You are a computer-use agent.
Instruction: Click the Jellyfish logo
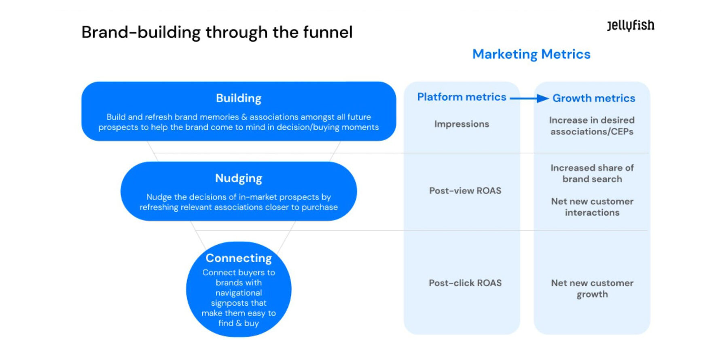point(630,25)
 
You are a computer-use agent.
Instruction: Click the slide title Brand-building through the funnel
point(217,32)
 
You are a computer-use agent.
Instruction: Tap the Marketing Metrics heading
point(531,54)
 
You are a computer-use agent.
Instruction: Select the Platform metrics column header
point(462,97)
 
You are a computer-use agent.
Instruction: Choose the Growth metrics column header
point(593,98)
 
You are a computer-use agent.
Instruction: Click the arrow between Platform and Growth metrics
point(529,98)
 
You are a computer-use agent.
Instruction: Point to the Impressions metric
point(462,124)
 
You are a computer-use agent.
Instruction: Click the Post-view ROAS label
point(465,191)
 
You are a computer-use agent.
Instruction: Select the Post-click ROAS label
point(465,283)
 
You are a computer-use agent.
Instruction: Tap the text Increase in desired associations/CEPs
point(592,126)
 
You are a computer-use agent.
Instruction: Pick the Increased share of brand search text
point(592,174)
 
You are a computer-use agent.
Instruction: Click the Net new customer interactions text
point(592,207)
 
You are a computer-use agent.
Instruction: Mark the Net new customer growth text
point(592,288)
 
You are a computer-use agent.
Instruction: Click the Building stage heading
point(238,98)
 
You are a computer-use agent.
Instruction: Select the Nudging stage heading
point(238,178)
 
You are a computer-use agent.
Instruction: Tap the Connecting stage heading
point(238,258)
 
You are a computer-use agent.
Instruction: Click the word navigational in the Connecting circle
point(238,293)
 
